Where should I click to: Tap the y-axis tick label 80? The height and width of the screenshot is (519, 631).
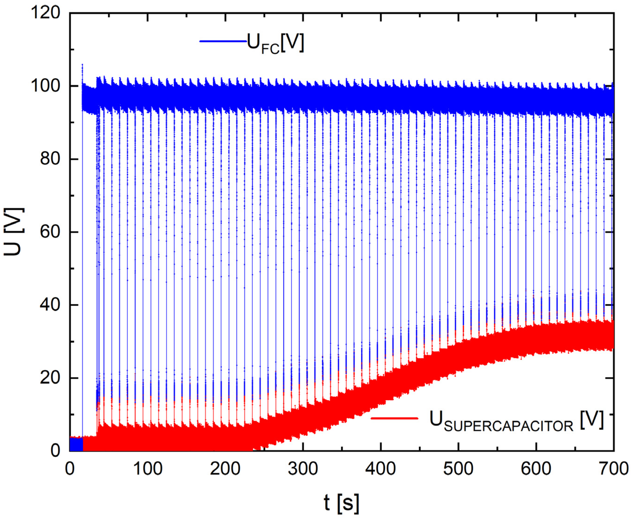click(x=50, y=159)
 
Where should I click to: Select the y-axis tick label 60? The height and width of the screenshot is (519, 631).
click(x=50, y=232)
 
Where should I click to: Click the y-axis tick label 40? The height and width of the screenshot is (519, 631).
click(x=50, y=305)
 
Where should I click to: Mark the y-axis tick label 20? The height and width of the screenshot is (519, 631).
click(x=50, y=378)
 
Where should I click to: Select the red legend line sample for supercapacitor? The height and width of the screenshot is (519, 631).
click(x=394, y=418)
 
